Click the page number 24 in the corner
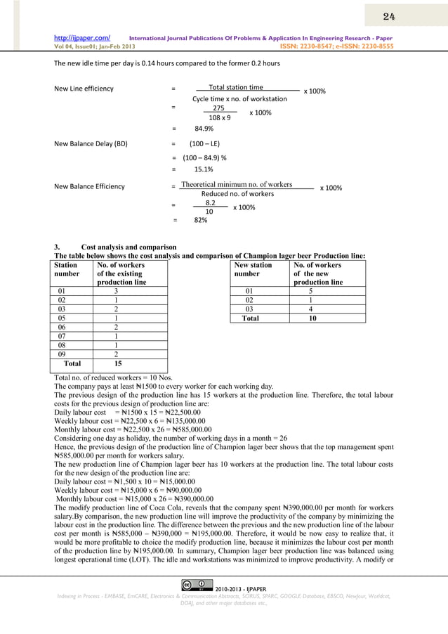(x=388, y=15)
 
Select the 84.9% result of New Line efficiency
(x=204, y=129)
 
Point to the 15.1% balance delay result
(x=204, y=169)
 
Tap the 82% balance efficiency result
(x=200, y=220)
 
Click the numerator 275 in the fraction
(x=218, y=108)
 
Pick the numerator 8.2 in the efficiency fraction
(x=210, y=202)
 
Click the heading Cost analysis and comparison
(x=129, y=247)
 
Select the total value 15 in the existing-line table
(x=117, y=364)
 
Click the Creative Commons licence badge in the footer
(x=197, y=584)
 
